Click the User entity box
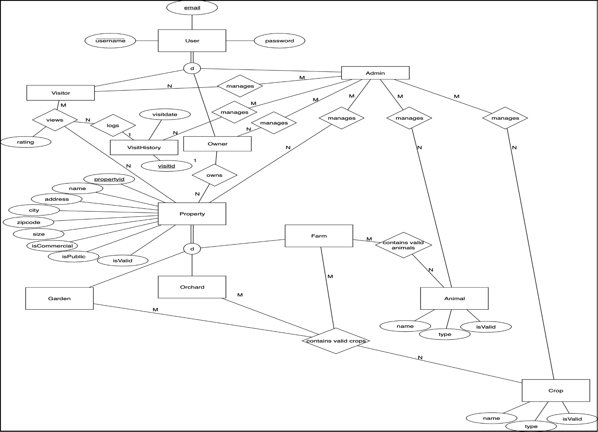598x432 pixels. click(x=192, y=41)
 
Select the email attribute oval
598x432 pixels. click(x=192, y=8)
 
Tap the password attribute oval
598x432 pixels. click(x=279, y=41)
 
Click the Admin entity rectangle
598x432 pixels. click(x=375, y=73)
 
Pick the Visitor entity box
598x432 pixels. click(x=60, y=93)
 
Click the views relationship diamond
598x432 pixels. click(x=55, y=120)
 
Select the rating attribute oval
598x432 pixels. click(x=26, y=142)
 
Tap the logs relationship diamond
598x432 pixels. click(x=113, y=125)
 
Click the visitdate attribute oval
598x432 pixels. click(x=165, y=114)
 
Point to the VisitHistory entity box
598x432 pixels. click(x=144, y=147)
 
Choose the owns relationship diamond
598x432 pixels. click(x=214, y=175)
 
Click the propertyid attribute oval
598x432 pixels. click(x=109, y=179)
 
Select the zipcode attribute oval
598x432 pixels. click(x=29, y=222)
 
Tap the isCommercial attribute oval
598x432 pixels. click(x=52, y=246)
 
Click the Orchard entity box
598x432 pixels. click(x=192, y=287)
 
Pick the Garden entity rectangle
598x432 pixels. click(x=59, y=298)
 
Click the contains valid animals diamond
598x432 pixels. click(x=403, y=245)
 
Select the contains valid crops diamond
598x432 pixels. click(x=336, y=341)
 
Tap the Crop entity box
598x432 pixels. click(x=556, y=390)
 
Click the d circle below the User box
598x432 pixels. click(x=192, y=68)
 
